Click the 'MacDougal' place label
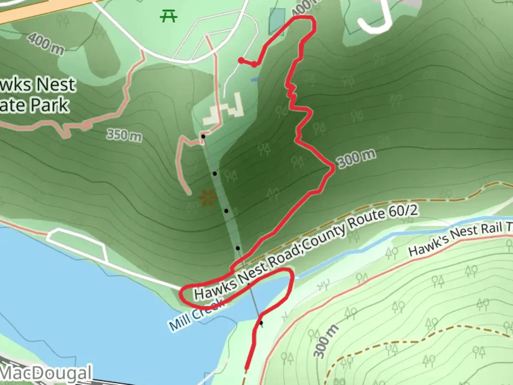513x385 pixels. [46, 373]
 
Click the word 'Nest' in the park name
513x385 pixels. [56, 84]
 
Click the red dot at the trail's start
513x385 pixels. [241, 60]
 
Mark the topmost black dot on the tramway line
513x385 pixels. [203, 136]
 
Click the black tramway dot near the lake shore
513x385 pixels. [261, 323]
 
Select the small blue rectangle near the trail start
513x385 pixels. [254, 79]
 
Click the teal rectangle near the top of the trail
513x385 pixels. [277, 21]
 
